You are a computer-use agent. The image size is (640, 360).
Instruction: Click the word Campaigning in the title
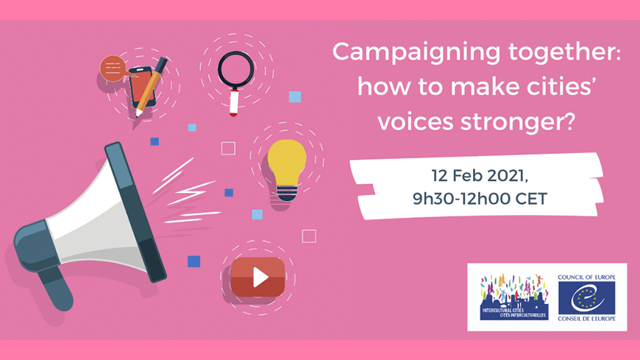[416, 53]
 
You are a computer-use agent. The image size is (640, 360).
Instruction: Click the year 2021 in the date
[505, 176]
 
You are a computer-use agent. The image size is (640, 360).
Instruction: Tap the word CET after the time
[531, 199]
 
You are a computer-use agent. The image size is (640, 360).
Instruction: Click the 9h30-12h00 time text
[462, 199]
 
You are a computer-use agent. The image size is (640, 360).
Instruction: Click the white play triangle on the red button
[260, 278]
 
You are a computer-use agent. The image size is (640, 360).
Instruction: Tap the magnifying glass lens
[235, 69]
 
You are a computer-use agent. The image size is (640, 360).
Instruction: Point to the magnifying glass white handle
[234, 102]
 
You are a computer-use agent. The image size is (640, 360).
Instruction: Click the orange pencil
[152, 87]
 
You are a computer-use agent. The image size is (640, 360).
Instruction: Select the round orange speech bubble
[113, 68]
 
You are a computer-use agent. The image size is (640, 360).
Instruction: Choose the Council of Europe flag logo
[586, 297]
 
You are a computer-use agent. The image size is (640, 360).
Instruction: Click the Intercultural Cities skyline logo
[514, 297]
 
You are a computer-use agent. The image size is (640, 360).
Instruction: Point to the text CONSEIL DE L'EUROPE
[586, 318]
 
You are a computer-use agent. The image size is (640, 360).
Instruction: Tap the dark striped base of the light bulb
[287, 193]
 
